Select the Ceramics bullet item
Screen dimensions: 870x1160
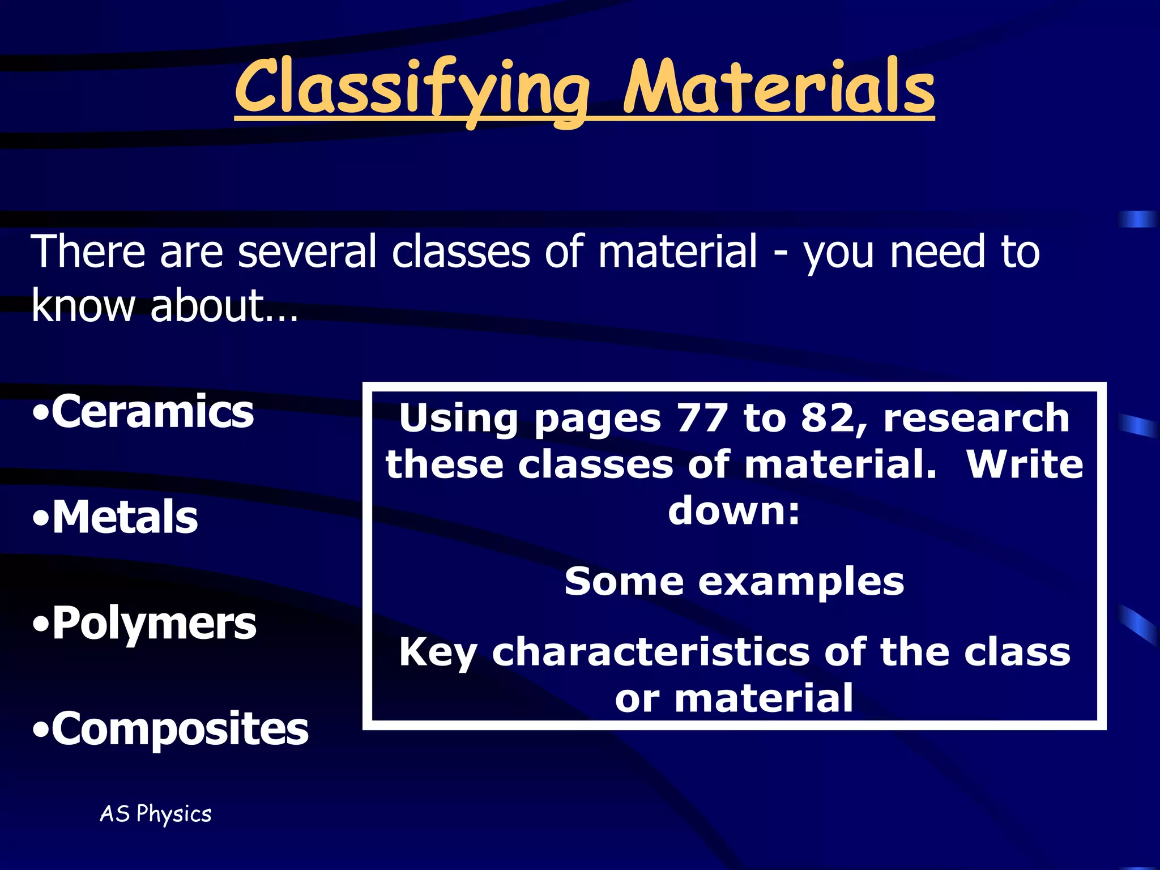(144, 412)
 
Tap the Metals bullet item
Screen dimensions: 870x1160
(116, 517)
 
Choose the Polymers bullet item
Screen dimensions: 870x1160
(145, 623)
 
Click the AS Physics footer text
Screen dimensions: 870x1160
(156, 814)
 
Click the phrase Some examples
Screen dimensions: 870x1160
(734, 582)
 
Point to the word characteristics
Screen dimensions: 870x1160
(651, 652)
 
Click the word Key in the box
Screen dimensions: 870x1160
(438, 653)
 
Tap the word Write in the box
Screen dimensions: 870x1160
(1024, 464)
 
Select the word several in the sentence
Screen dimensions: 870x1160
(307, 251)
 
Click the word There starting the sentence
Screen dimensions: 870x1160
(88, 251)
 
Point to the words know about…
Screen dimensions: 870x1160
(164, 305)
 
